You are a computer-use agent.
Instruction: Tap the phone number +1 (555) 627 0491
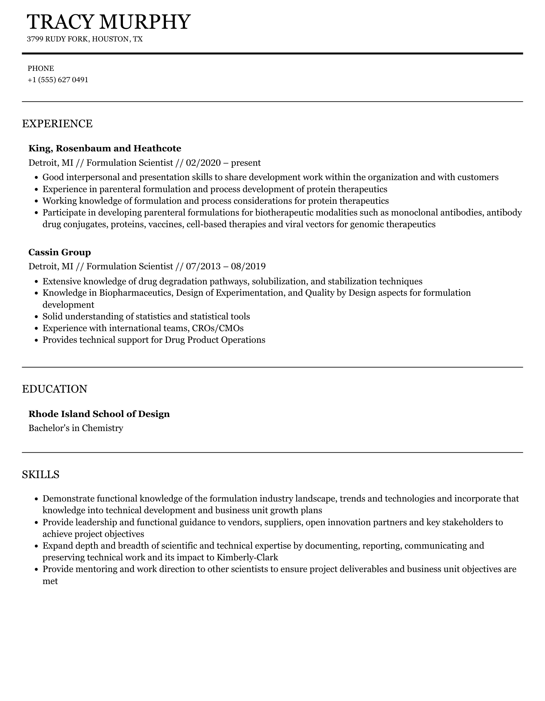pos(58,80)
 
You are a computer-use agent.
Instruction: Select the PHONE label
pos(41,68)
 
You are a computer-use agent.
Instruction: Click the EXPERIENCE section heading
pos(57,124)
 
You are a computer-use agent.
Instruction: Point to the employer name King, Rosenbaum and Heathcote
pos(105,148)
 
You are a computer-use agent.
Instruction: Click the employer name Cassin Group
pos(60,252)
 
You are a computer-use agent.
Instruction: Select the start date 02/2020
pos(203,163)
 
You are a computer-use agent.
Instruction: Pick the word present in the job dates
pos(246,163)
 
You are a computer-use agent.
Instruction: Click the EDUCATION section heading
pos(55,389)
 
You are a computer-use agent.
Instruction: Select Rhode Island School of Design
pos(99,414)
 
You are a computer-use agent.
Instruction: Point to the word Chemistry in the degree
pos(103,428)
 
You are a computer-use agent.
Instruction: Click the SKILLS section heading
pos(41,474)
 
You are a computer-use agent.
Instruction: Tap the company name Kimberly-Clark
pos(247,557)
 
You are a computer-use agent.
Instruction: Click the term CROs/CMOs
pos(218,328)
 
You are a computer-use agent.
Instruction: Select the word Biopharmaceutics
pos(136,293)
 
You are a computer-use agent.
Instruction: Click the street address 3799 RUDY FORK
pos(58,39)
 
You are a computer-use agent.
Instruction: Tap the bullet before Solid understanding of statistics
pos(37,317)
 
